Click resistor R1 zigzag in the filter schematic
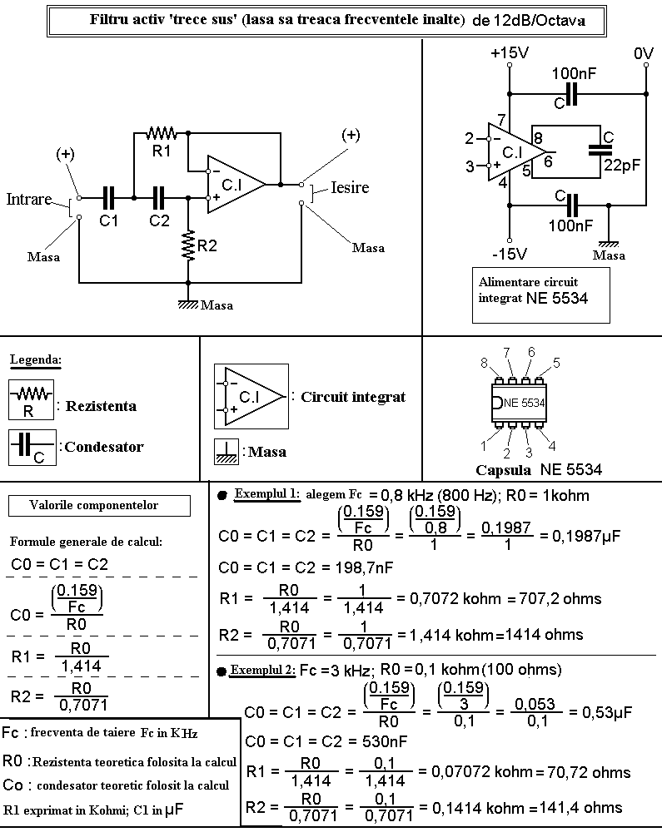pos(162,131)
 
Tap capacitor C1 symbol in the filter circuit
pos(108,198)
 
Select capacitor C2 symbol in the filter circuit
pos(159,198)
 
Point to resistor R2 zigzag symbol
pos(188,245)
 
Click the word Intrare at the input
pos(29,199)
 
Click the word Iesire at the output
pos(350,187)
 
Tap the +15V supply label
pos(510,53)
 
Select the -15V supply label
pos(510,254)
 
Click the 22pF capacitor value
pos(622,165)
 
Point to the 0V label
pos(644,53)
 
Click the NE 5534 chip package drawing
pos(519,403)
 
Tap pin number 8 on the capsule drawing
pos(484,363)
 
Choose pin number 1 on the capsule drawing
pos(484,446)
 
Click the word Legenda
pos(35,359)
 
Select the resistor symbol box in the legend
pos(31,399)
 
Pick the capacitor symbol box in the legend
pos(32,448)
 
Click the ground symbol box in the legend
pos(226,452)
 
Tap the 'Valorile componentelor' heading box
pos(99,506)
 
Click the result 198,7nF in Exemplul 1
pos(363,567)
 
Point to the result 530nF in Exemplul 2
pos(385,741)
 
